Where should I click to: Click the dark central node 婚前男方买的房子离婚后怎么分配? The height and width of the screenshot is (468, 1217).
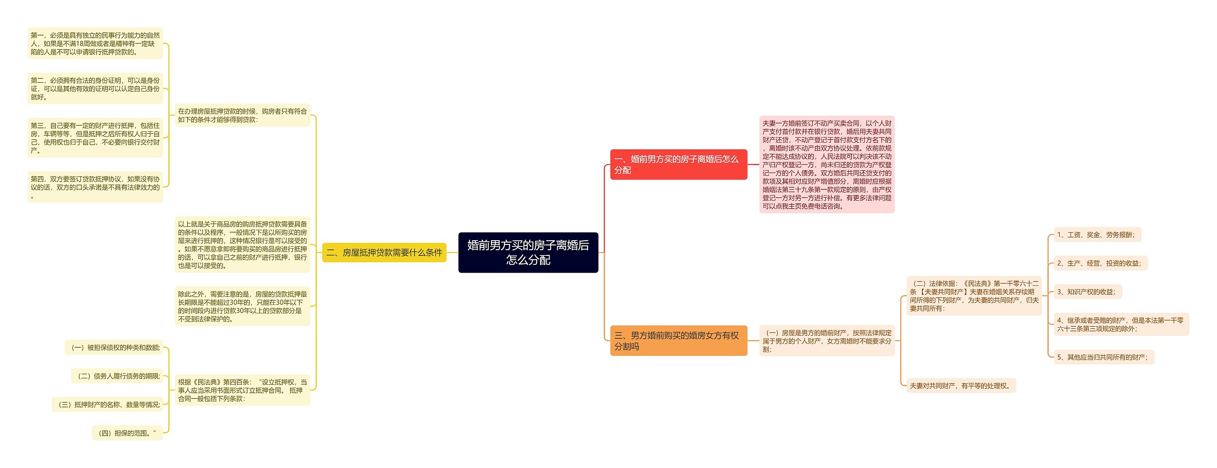point(528,252)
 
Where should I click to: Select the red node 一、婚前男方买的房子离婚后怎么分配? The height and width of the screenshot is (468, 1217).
point(678,165)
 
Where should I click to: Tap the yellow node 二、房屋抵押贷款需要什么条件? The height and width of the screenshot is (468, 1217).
point(384,253)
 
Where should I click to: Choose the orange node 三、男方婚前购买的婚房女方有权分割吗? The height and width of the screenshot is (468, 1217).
point(678,341)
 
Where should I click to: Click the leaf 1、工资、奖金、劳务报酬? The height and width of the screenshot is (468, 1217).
point(1097,234)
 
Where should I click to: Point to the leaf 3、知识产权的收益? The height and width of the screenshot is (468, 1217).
point(1088,292)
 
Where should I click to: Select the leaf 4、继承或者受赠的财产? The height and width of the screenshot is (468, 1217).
point(1121,324)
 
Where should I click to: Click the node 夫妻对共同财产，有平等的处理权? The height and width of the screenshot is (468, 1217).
point(961,386)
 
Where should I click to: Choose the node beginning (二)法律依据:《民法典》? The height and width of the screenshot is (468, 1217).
point(974,296)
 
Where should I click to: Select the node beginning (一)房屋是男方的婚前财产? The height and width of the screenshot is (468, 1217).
point(827,341)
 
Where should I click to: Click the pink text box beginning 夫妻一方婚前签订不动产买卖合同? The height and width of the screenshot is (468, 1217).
point(827,165)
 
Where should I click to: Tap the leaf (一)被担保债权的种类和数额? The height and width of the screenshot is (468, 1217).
point(114,347)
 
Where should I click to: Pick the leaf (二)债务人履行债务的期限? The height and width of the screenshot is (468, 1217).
point(117,376)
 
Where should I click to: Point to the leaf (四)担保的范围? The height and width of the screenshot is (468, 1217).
point(127,433)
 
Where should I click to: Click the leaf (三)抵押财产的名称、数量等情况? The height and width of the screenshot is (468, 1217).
point(108,404)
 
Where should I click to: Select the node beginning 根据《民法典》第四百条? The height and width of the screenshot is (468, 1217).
point(242,390)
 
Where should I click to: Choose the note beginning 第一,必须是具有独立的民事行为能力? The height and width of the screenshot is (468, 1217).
point(95,43)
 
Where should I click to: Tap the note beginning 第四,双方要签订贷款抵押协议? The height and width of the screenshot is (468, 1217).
point(95,187)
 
